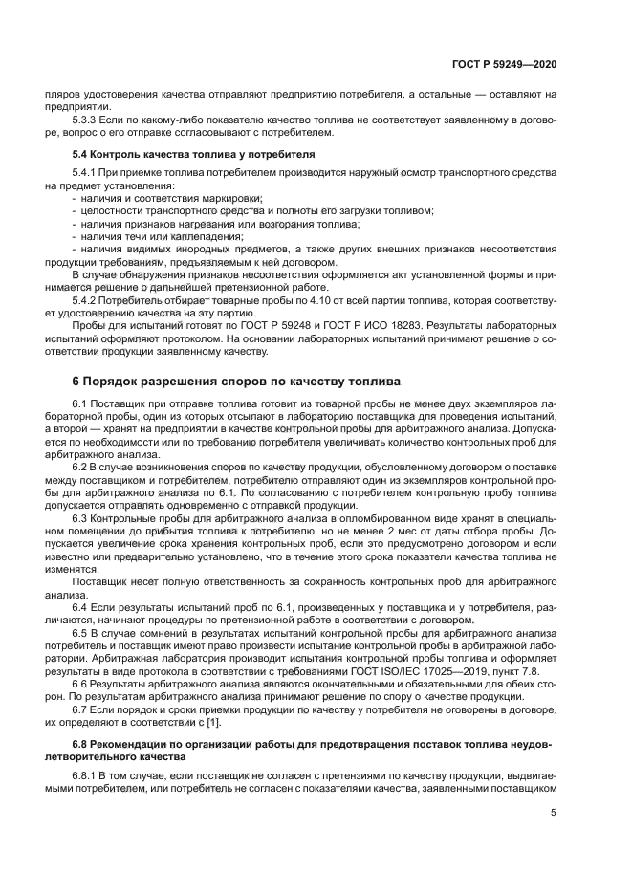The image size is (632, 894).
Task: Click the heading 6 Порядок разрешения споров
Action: click(236, 382)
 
